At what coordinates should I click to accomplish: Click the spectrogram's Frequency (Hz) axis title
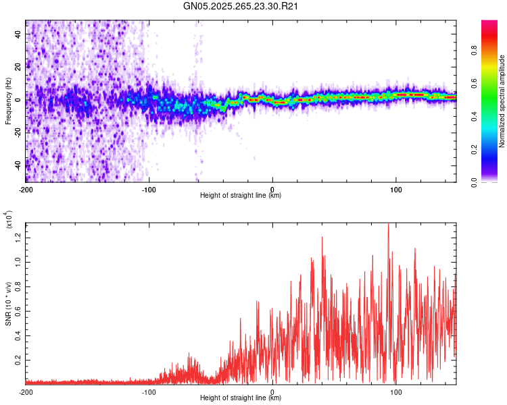(8, 101)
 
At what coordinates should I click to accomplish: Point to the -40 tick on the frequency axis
(19, 165)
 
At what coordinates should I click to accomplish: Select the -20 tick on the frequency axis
(19, 132)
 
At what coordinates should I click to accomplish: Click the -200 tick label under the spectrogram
(26, 189)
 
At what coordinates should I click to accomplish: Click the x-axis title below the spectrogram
(241, 196)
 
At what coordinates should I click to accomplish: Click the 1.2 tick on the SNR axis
(19, 237)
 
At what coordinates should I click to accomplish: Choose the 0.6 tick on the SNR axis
(19, 310)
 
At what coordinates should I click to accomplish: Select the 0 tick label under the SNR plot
(272, 391)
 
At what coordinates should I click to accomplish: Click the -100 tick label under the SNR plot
(149, 391)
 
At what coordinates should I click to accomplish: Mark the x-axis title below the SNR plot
(241, 398)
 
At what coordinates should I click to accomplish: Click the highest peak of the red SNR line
(388, 224)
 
